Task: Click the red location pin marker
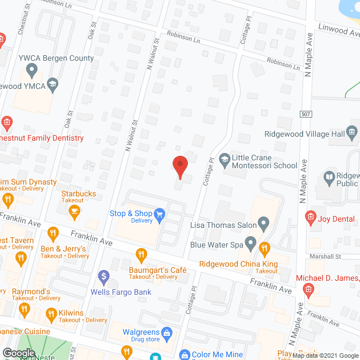(179, 167)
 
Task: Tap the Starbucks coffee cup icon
(74, 210)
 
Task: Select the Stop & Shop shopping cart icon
(160, 214)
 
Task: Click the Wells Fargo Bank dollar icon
(103, 277)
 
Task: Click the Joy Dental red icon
(310, 217)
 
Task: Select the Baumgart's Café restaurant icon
(140, 254)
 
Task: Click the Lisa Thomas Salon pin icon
(263, 224)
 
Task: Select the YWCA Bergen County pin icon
(31, 71)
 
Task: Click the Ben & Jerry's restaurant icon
(53, 232)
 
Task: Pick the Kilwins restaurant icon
(52, 313)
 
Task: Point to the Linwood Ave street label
(337, 29)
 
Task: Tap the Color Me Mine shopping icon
(184, 355)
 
